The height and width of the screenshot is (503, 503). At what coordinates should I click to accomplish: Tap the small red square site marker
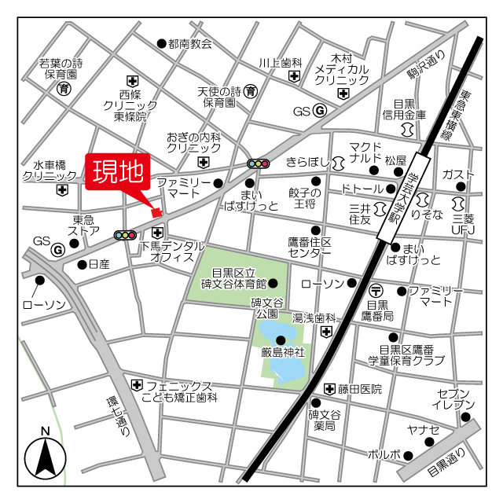pos(156,212)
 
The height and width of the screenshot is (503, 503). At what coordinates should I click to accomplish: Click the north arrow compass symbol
pos(46,456)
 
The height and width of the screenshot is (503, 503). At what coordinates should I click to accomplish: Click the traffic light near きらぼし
pos(258,163)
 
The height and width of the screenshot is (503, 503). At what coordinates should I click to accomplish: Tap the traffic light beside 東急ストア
pos(125,234)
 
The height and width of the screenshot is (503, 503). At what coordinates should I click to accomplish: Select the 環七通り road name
pos(117,412)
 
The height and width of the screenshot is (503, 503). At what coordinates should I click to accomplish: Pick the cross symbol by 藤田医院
pos(329,388)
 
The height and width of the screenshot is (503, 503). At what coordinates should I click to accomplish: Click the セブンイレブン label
pos(454,398)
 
